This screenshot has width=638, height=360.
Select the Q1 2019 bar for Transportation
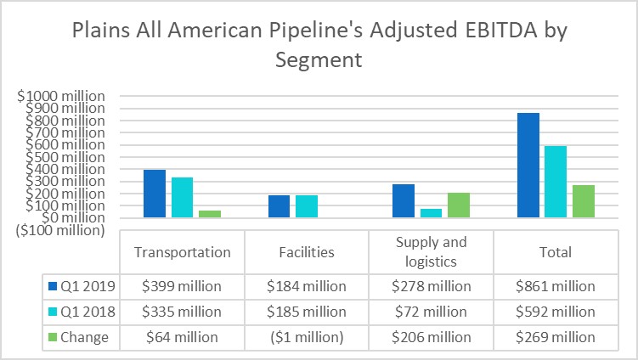coord(154,194)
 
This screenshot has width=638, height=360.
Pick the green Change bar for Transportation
coord(210,214)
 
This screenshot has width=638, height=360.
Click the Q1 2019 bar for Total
coord(528,166)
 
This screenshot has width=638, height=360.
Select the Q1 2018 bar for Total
coord(556,182)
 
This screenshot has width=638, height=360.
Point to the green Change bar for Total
coord(584,201)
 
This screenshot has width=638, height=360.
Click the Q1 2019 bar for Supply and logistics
coord(404,201)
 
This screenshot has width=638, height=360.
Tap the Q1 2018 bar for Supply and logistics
coord(431,213)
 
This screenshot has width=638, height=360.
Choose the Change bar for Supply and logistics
coord(459,205)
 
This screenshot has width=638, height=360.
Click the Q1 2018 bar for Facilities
coord(307,206)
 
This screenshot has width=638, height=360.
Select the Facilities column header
coord(307,252)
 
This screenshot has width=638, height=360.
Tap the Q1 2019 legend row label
coord(79,287)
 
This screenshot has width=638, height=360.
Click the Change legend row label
coord(84,337)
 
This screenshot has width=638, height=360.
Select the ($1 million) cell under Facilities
coord(307,337)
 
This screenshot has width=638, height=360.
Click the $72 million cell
coord(431,312)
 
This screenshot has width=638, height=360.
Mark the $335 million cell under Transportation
coord(182,312)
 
